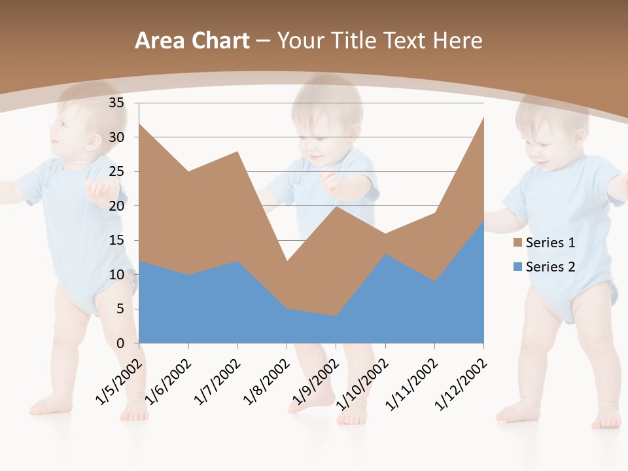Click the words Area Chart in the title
(192, 41)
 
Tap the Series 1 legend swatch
(518, 243)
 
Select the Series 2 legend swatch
(518, 266)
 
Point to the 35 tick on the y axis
(116, 103)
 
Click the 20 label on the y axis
(116, 206)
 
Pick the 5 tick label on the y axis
(120, 309)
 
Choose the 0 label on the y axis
(120, 343)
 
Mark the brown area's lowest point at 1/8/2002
(287, 261)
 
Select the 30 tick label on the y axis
(116, 137)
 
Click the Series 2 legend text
(550, 266)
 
